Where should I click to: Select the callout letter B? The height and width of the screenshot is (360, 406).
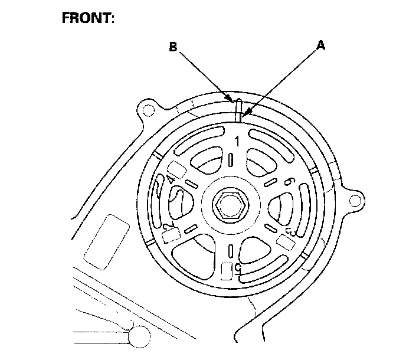tap(173, 47)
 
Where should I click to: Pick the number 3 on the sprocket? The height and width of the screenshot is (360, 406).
tap(290, 230)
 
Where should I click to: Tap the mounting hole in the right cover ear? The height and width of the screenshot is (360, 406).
tap(354, 201)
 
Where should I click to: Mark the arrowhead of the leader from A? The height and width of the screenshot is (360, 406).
tap(244, 113)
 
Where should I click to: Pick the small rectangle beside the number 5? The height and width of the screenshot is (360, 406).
tap(227, 270)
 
